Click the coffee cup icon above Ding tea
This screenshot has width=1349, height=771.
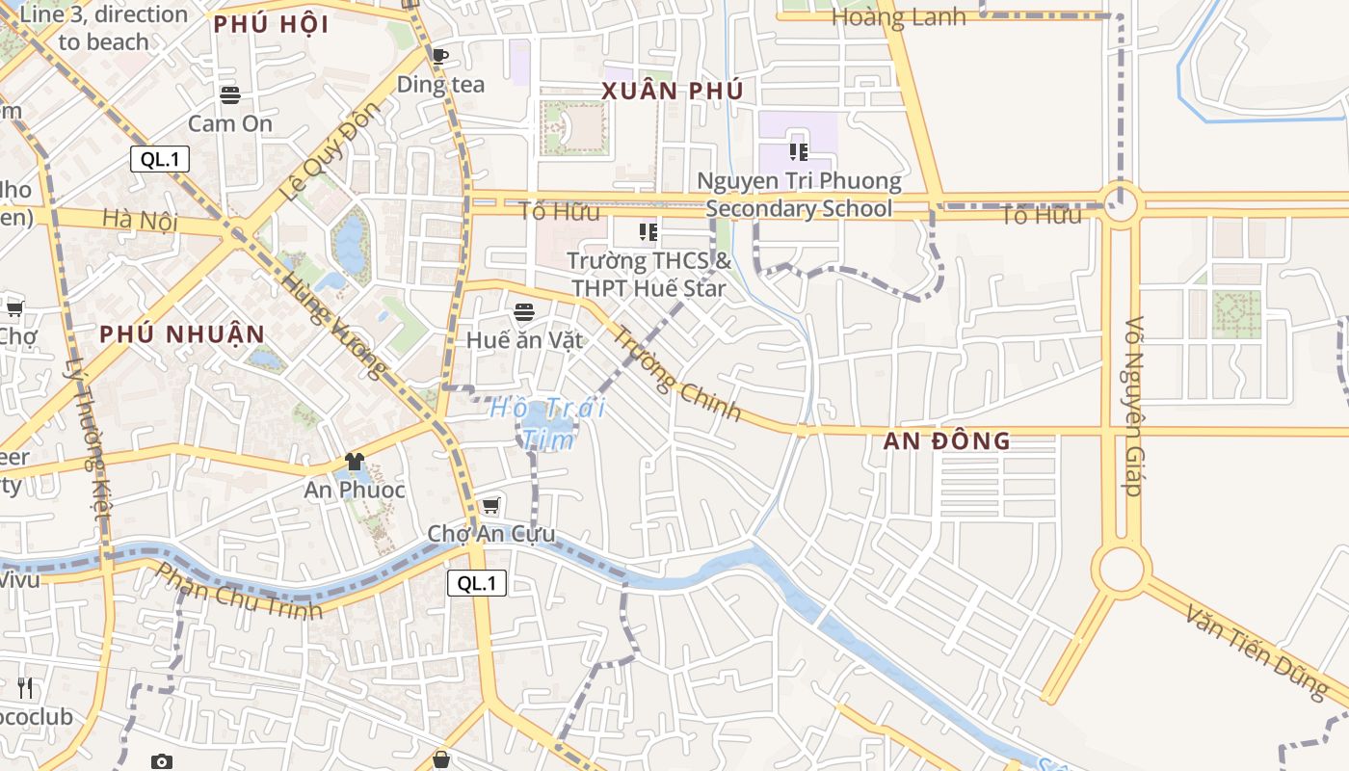pos(440,56)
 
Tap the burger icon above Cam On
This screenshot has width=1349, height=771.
pos(229,94)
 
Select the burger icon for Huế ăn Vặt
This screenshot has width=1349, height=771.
pos(524,311)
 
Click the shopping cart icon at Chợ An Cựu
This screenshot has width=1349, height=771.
pos(490,505)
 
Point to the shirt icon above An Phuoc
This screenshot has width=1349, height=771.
pos(355,462)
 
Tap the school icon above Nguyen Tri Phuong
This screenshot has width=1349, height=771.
pos(798,151)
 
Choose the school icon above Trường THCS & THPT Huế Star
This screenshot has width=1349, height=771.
pos(648,231)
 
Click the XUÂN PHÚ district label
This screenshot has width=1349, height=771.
pos(673,92)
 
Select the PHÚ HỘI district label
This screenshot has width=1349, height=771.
pos(271,25)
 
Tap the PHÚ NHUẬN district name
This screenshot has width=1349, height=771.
pos(182,334)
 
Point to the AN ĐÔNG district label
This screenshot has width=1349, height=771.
pos(947,441)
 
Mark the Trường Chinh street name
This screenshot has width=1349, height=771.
pos(677,375)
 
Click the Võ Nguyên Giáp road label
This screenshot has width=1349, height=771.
pos(1134,406)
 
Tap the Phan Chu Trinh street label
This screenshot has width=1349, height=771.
pos(239,591)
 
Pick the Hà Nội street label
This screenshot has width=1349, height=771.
pos(141,220)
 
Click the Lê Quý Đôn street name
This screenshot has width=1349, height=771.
pos(316,152)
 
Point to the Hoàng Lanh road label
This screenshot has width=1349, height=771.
pos(898,17)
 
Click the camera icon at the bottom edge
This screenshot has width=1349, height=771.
pos(162,761)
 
